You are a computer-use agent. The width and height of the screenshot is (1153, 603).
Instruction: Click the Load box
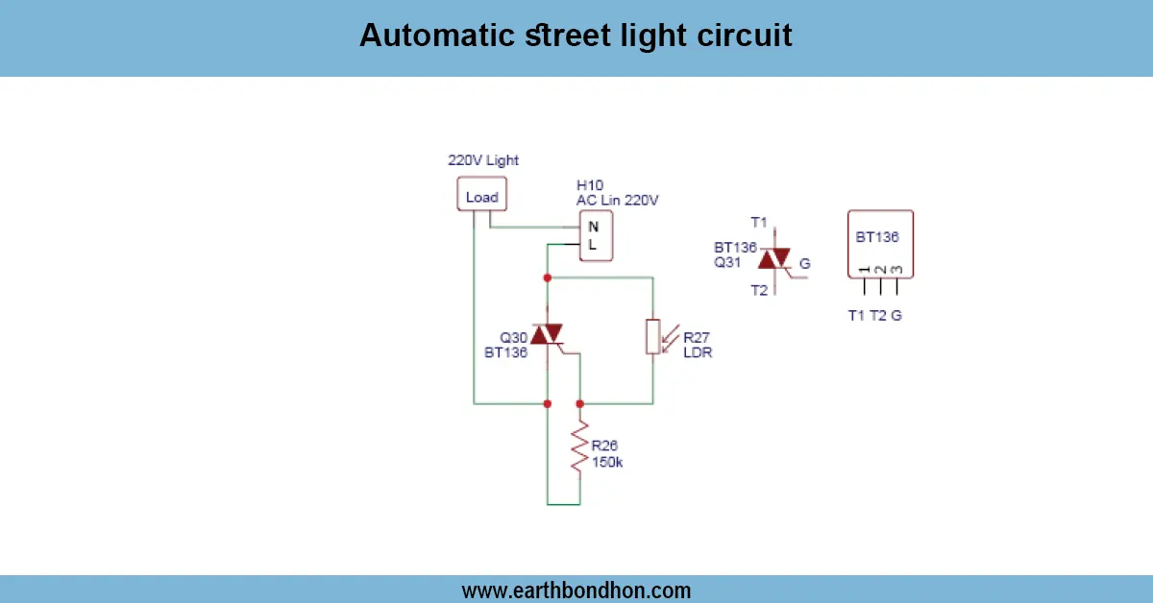[x=481, y=197]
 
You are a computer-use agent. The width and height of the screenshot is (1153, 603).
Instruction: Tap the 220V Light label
[x=483, y=160]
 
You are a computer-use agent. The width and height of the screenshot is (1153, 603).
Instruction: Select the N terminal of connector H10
[x=593, y=228]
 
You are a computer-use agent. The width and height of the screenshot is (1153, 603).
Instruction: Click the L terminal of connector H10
[x=593, y=245]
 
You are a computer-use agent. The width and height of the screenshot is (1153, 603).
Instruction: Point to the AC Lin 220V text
[x=617, y=200]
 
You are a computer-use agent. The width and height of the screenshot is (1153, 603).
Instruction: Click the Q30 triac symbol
[x=547, y=334]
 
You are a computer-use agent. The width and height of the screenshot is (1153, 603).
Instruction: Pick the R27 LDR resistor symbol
[x=652, y=337]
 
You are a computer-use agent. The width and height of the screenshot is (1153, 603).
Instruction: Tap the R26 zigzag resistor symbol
[x=579, y=450]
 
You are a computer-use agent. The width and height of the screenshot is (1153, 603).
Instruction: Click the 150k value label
[x=607, y=462]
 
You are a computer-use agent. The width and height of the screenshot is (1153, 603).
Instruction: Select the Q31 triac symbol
[x=774, y=259]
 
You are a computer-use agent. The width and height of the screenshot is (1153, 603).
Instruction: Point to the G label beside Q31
[x=804, y=262]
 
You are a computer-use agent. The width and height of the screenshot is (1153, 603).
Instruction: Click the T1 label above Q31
[x=760, y=223]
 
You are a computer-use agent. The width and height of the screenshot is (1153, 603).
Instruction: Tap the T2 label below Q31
[x=760, y=290]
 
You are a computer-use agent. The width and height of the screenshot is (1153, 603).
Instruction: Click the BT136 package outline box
[x=880, y=243]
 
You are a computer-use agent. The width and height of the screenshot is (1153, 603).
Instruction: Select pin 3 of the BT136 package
[x=897, y=285]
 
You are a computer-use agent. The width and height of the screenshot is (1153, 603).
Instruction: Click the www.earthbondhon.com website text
[x=576, y=591]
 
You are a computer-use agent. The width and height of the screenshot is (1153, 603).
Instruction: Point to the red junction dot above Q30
[x=547, y=277]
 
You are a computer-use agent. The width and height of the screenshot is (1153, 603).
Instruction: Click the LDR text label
[x=698, y=352]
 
